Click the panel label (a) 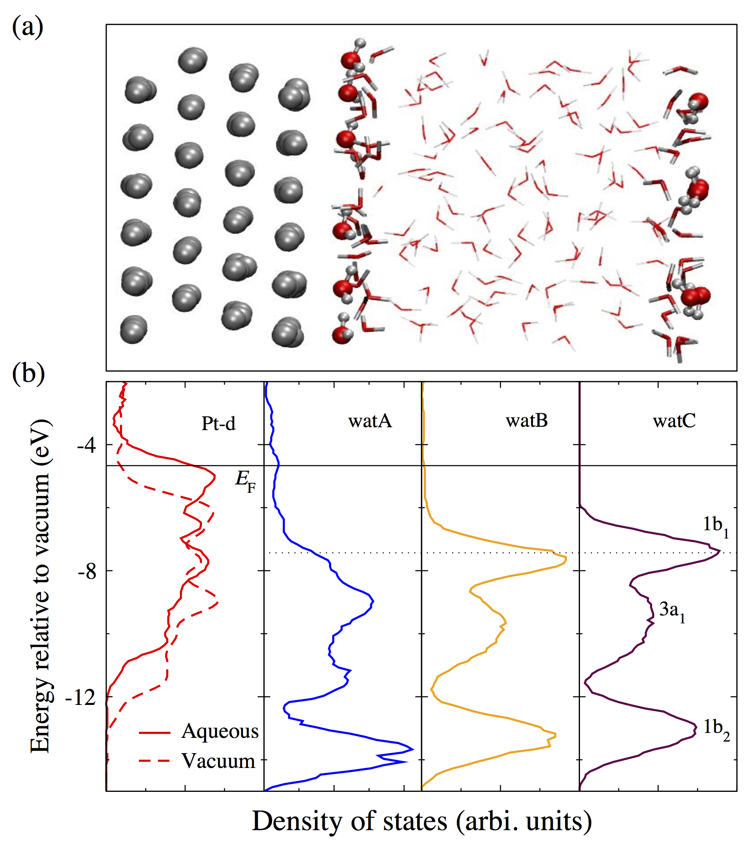pyautogui.click(x=27, y=27)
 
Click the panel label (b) pyautogui.click(x=28, y=374)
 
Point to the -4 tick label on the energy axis pyautogui.click(x=86, y=445)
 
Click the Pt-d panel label pyautogui.click(x=218, y=424)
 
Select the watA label pyautogui.click(x=370, y=421)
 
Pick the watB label pyautogui.click(x=526, y=420)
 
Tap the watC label pyautogui.click(x=674, y=421)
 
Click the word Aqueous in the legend pyautogui.click(x=220, y=731)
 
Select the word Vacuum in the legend pyautogui.click(x=219, y=761)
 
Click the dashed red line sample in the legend pyautogui.click(x=155, y=761)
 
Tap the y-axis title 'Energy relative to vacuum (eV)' pyautogui.click(x=41, y=587)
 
